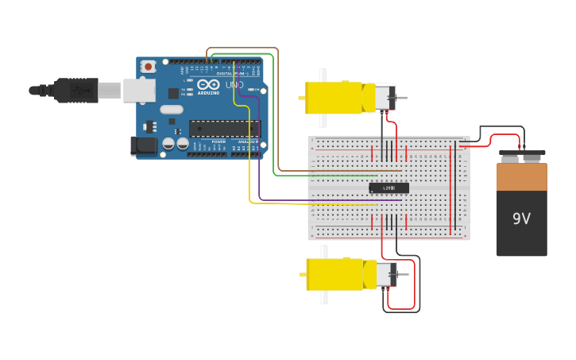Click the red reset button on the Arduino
[x=148, y=68]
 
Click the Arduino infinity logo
[x=209, y=84]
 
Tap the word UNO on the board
[x=234, y=85]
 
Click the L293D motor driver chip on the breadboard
[x=389, y=188]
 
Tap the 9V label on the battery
[x=521, y=219]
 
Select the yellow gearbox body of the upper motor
[x=334, y=98]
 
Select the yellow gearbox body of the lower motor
[x=334, y=274]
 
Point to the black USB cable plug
[x=75, y=91]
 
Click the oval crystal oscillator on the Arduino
[x=172, y=110]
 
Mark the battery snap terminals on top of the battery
[x=521, y=155]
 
